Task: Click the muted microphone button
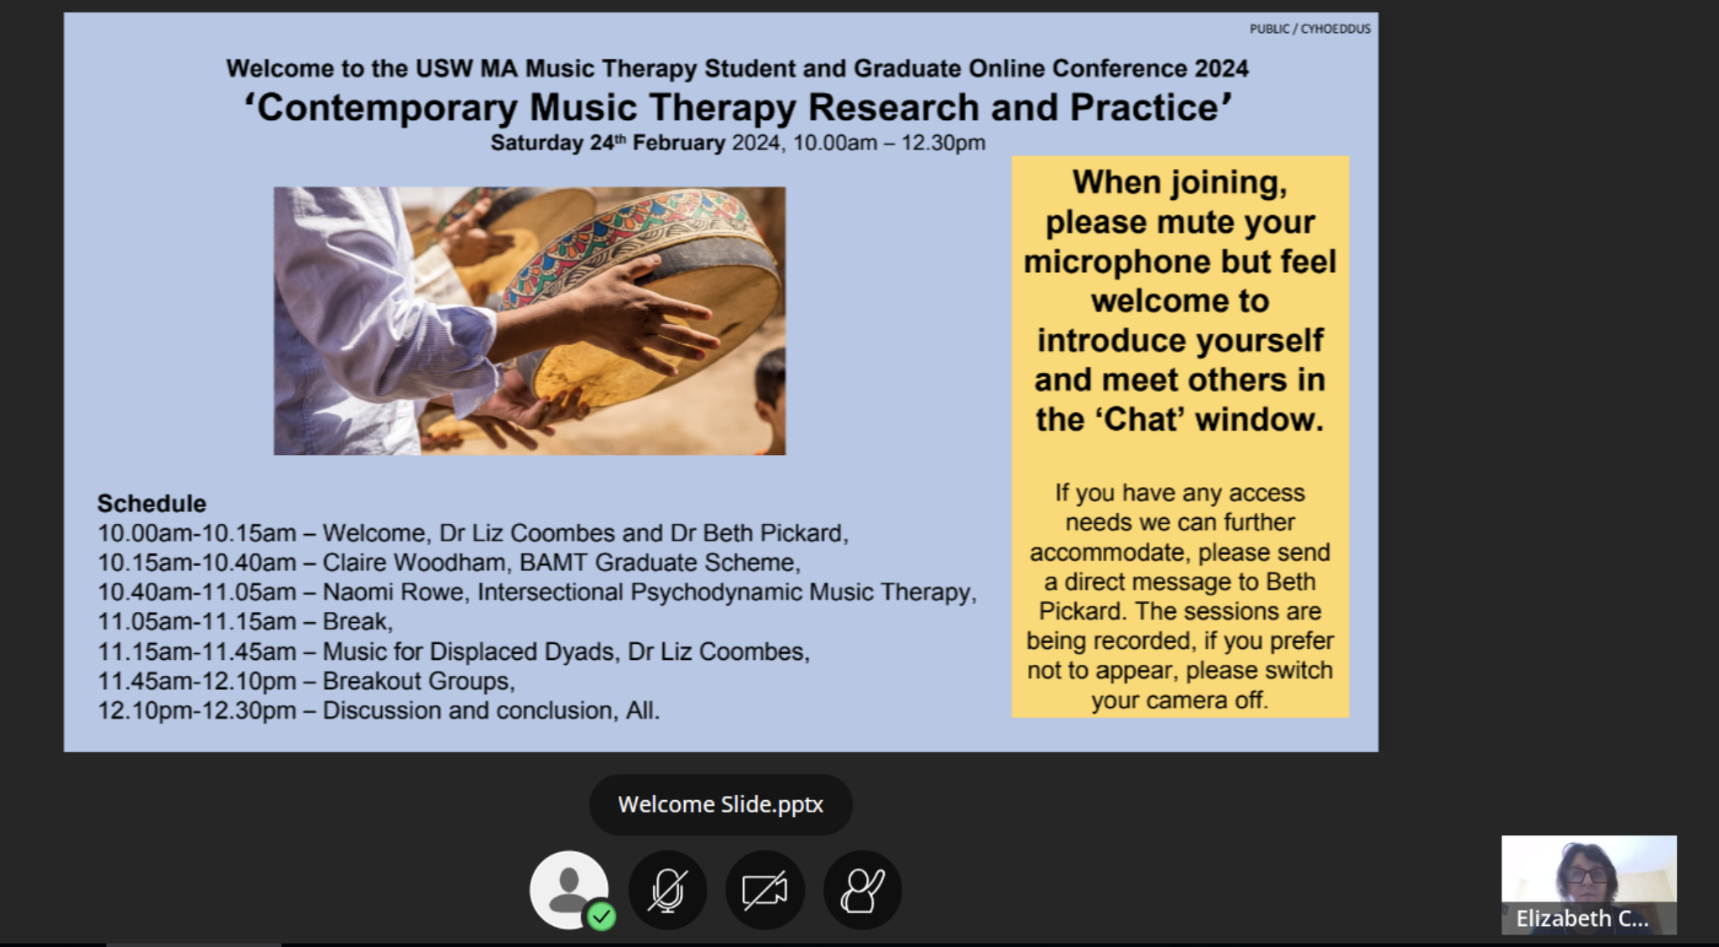[x=667, y=890]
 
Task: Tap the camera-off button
[x=765, y=890]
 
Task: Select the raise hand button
[x=862, y=890]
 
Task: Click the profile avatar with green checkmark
[x=570, y=890]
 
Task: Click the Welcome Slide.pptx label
[x=720, y=804]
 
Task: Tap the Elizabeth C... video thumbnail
[x=1589, y=885]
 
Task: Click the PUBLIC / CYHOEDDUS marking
[x=1309, y=29]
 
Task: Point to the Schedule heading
[x=152, y=504]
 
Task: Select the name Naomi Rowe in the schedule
[x=394, y=592]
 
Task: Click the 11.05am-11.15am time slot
[x=196, y=621]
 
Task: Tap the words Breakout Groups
[x=419, y=681]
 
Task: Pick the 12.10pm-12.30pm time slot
[x=196, y=710]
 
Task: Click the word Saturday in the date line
[x=536, y=143]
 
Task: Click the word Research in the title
[x=893, y=107]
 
